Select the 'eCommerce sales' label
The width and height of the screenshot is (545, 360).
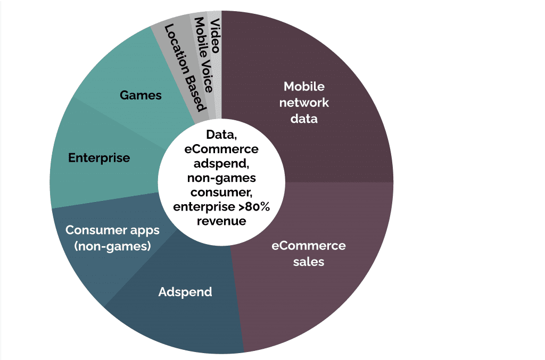coord(309,254)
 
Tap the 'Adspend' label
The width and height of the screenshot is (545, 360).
coord(185,292)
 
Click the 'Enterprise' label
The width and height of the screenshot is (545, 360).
coord(99,158)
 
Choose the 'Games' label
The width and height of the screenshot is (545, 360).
coord(141,95)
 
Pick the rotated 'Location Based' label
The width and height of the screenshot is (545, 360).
coord(185,67)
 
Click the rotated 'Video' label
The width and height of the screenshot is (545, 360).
coord(215,36)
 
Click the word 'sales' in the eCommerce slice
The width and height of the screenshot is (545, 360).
coord(309,262)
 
